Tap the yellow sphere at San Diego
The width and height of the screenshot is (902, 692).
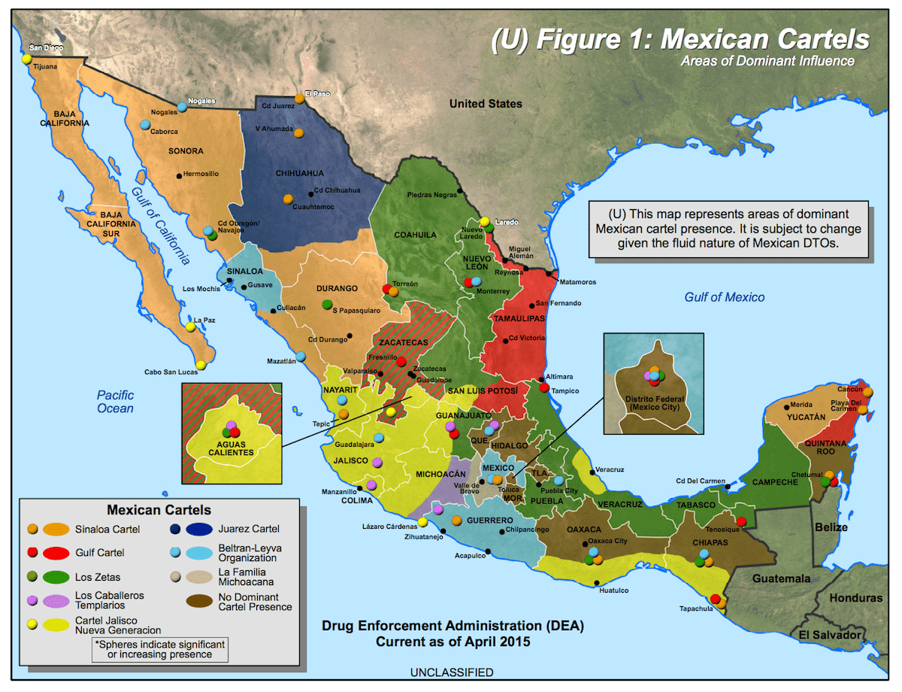(26, 58)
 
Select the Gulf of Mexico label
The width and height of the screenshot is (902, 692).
(724, 297)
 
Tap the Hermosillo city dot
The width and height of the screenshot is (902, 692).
(179, 175)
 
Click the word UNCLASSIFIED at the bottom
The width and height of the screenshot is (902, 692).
(451, 672)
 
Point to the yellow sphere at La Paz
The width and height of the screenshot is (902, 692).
(190, 326)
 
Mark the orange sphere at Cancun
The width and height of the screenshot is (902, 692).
(868, 391)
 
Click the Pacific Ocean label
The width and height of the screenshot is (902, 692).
(115, 402)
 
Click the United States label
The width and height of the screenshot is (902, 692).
(486, 104)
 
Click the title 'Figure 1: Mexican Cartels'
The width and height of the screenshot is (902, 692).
(680, 40)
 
